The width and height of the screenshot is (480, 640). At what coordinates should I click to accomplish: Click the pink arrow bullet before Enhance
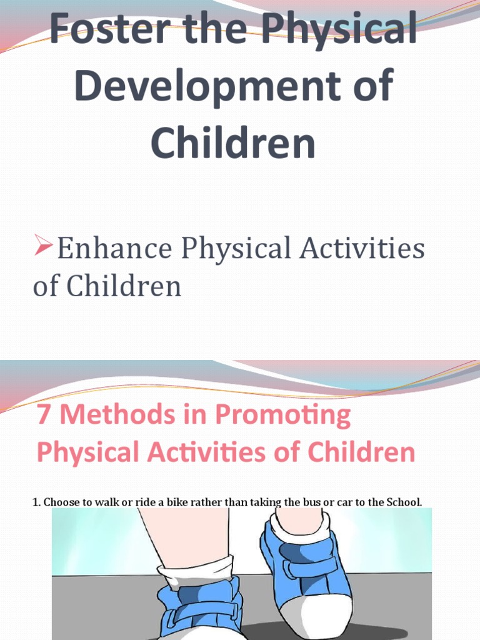[x=43, y=247]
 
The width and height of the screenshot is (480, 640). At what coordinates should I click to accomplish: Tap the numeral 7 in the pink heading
[x=43, y=416]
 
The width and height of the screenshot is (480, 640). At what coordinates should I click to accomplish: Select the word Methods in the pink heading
[x=106, y=416]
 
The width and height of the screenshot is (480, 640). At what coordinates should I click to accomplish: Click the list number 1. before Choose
[x=36, y=502]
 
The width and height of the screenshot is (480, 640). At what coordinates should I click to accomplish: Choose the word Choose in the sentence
[x=60, y=502]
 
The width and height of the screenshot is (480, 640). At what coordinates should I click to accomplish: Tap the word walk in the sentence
[x=104, y=502]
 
